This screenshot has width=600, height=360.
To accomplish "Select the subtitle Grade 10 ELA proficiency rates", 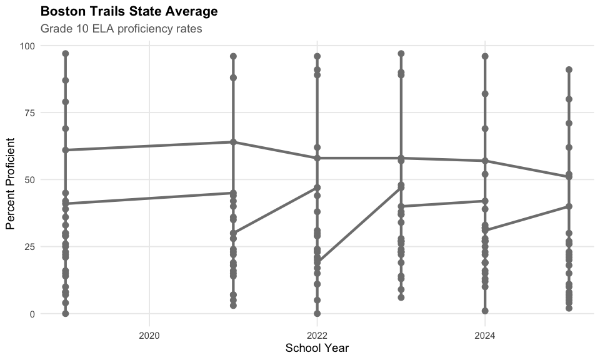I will click(x=121, y=29).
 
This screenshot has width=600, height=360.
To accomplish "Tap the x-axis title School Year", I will click(x=317, y=347).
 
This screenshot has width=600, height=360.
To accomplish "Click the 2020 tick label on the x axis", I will click(x=149, y=335).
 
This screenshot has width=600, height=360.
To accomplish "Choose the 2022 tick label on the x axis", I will click(x=317, y=335).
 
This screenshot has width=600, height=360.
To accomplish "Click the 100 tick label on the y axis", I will click(x=27, y=46).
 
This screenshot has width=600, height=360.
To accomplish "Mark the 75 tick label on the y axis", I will click(x=30, y=112).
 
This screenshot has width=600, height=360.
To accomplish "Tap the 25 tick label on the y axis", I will click(x=30, y=246).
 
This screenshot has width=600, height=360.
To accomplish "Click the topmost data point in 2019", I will click(x=66, y=54).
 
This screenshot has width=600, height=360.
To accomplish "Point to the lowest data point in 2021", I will click(x=233, y=306).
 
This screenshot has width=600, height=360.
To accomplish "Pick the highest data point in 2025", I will click(x=569, y=70).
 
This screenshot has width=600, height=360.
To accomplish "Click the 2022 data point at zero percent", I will click(x=317, y=314).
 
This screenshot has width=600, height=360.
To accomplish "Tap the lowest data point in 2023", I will click(x=401, y=297).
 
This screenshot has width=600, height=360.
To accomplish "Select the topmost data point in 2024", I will click(x=485, y=56).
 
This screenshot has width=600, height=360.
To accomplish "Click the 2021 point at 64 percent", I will click(x=233, y=142).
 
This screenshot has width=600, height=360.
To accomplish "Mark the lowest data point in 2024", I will click(x=485, y=311).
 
